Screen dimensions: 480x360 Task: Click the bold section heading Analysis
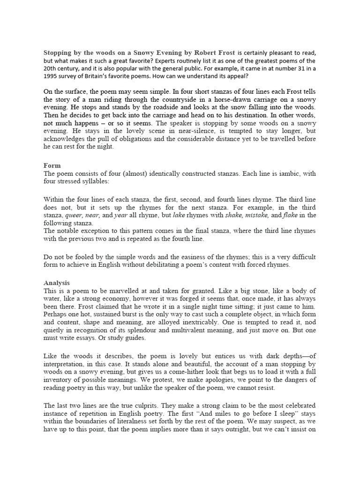click(x=56, y=283)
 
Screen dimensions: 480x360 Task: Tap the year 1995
click(x=52, y=76)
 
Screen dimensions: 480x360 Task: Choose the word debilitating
click(x=173, y=265)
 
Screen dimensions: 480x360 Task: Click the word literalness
click(x=136, y=421)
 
